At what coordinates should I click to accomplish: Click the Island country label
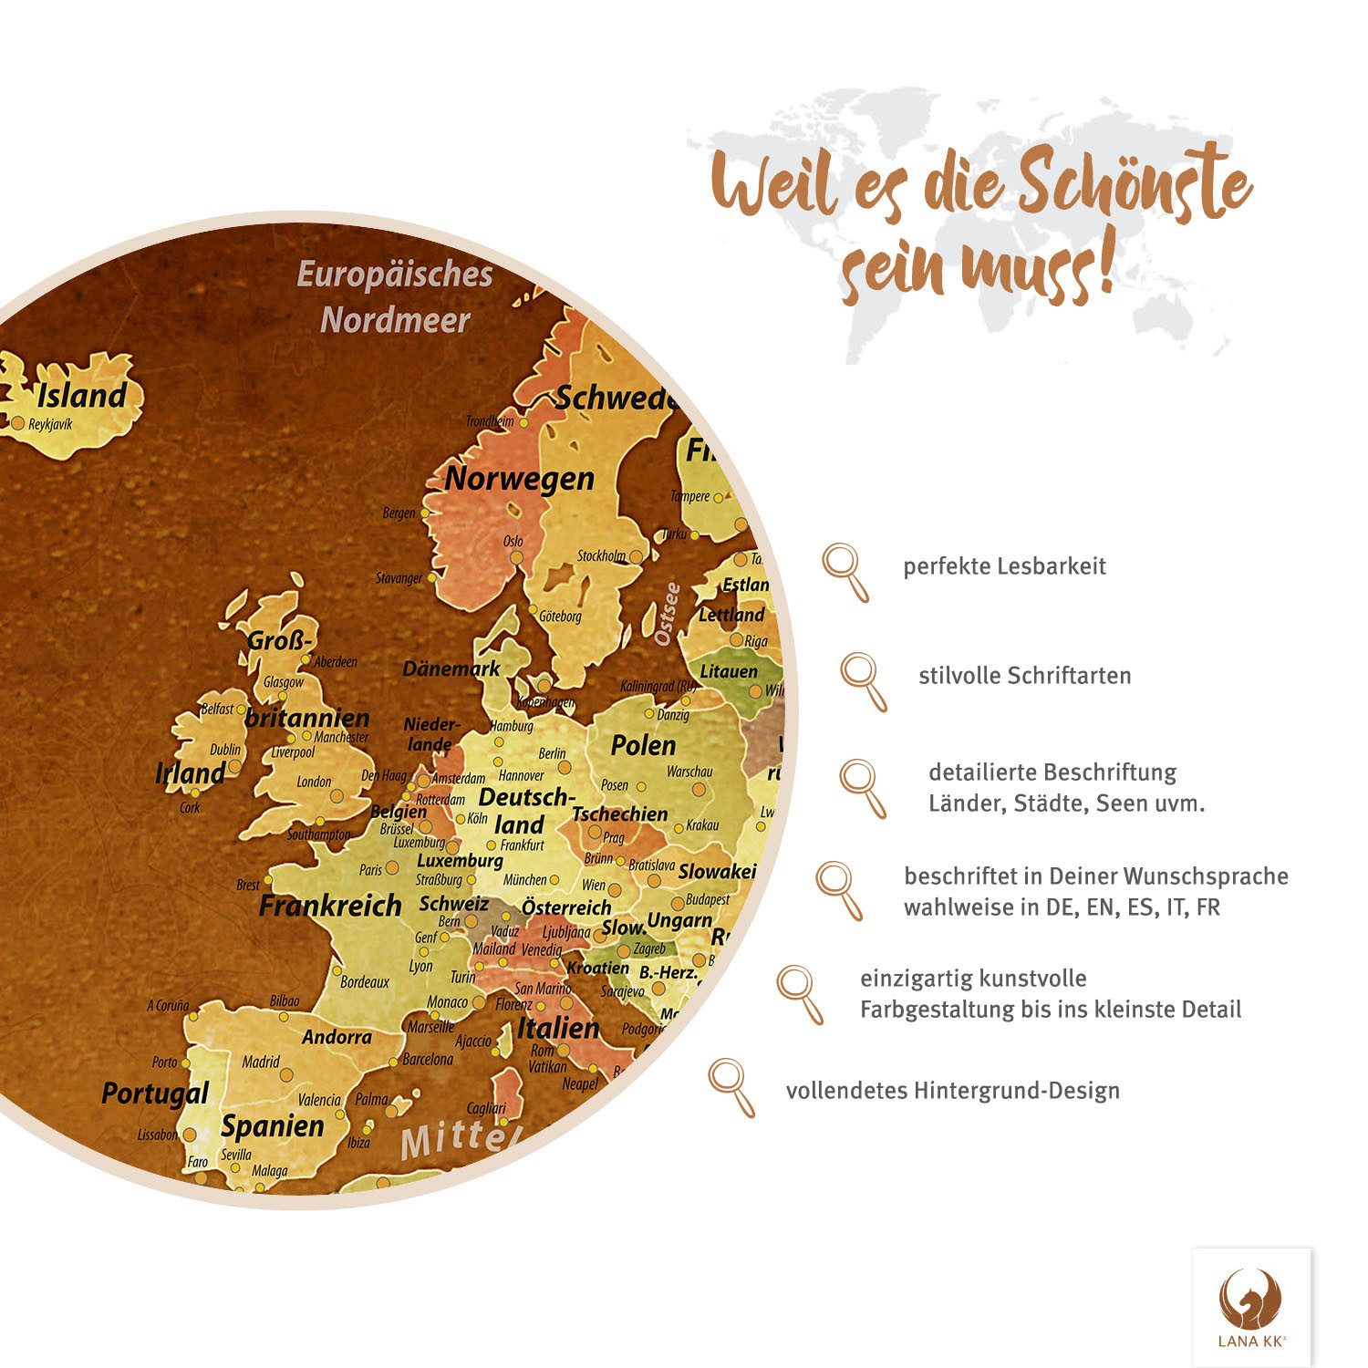tap(81, 396)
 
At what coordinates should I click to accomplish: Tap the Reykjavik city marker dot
tap(17, 423)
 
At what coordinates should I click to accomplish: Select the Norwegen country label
tap(519, 479)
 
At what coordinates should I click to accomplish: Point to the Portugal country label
tap(155, 1093)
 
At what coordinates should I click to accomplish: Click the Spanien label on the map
tap(272, 1126)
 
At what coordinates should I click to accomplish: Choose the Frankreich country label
tap(330, 906)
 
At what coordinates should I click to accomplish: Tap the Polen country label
tap(643, 745)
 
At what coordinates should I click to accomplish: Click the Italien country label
tap(558, 1029)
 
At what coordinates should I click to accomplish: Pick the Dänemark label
tap(451, 668)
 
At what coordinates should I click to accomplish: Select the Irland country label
tap(190, 773)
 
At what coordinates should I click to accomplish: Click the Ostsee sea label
tap(668, 614)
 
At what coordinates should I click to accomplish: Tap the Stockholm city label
tap(601, 555)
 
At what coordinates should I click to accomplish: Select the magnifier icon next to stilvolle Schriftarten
tap(863, 680)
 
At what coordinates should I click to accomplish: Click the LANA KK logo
tap(1251, 1307)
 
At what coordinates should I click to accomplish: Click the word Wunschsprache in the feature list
tap(1206, 876)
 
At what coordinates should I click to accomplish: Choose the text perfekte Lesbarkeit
tap(1004, 566)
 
